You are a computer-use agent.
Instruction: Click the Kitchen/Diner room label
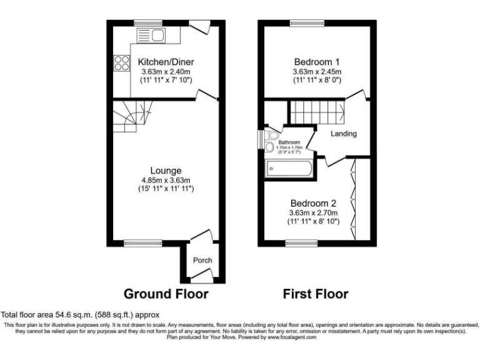point(166,62)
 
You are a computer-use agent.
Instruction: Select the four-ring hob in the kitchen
point(119,62)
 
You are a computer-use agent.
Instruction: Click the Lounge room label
point(166,170)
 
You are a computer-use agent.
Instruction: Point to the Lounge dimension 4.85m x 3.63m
point(166,180)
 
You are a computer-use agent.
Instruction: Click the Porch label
point(202,261)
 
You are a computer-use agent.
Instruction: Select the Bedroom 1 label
point(317,62)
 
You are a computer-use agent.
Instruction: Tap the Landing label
point(344,134)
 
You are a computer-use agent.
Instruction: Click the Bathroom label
point(289,142)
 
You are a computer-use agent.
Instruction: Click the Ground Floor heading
point(166,293)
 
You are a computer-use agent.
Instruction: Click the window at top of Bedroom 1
point(307,23)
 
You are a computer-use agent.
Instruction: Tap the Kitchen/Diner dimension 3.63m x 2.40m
point(166,72)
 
